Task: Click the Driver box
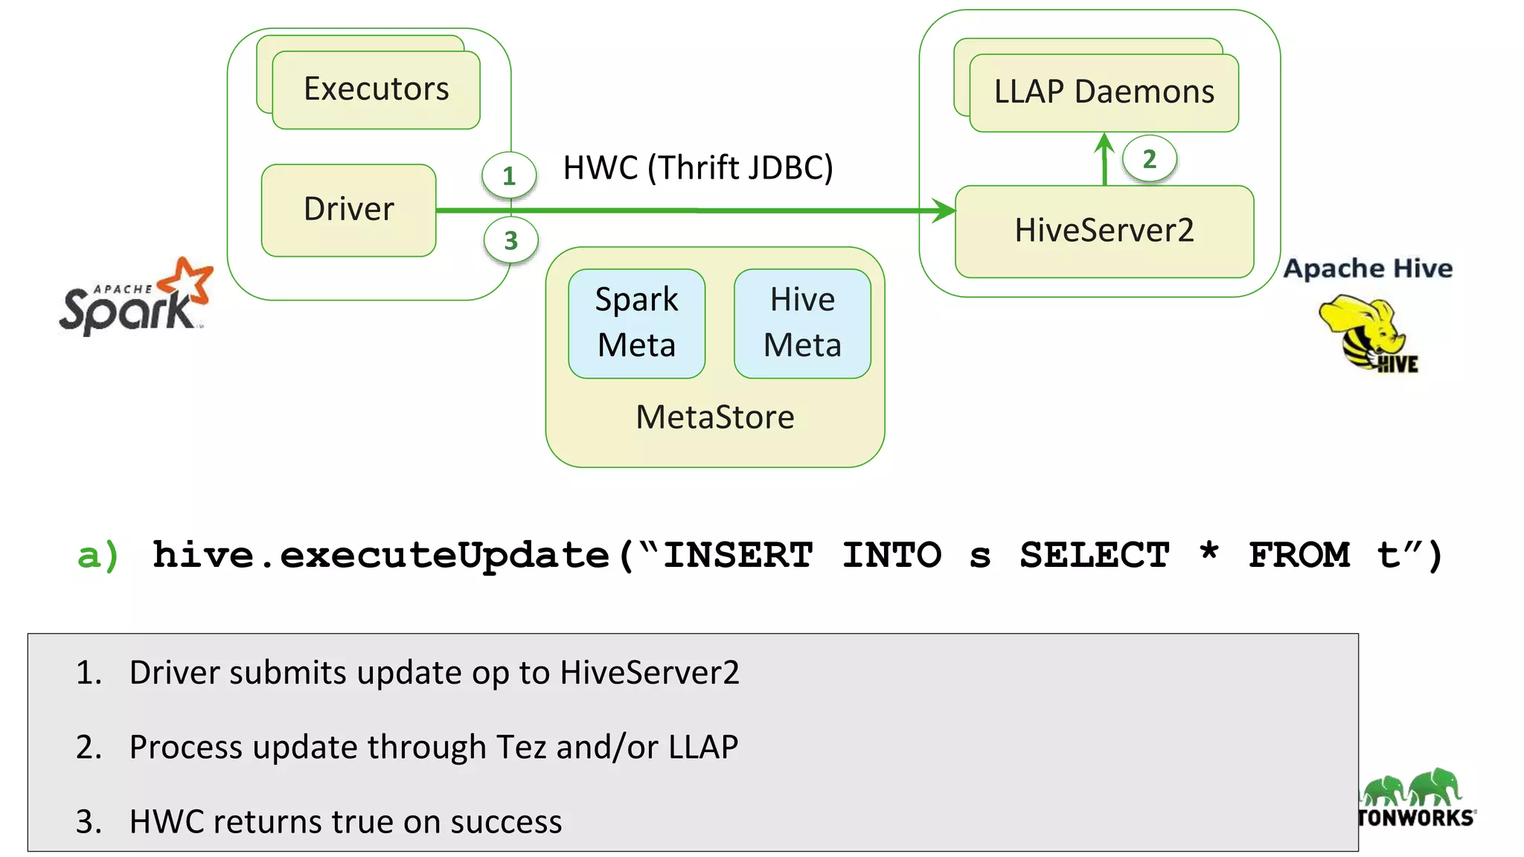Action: [x=348, y=210]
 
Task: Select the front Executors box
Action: [x=376, y=90]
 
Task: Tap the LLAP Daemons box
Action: [x=1104, y=92]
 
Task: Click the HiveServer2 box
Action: [x=1104, y=231]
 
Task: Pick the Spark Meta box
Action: [x=636, y=323]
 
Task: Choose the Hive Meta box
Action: [x=802, y=323]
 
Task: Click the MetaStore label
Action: [x=715, y=417]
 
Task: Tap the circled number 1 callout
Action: [x=509, y=176]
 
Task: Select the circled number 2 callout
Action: [x=1149, y=158]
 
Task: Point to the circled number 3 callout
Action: [x=510, y=240]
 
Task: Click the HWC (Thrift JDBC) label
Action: [x=698, y=168]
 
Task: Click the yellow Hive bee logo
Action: [x=1368, y=333]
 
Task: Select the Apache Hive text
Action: [x=1368, y=269]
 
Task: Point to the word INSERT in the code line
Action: [x=737, y=555]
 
